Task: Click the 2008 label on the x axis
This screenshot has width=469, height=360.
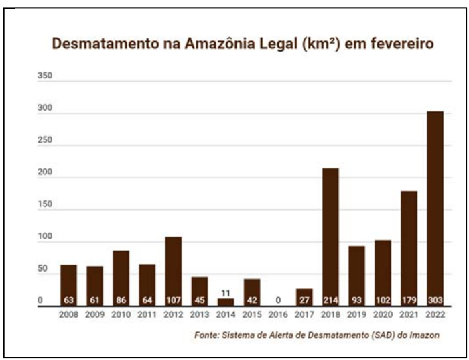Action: (x=68, y=314)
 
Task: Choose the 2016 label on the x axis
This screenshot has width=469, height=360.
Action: (x=278, y=314)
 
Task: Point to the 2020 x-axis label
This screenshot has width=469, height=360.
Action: (x=383, y=314)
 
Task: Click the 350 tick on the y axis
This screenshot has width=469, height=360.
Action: (x=44, y=77)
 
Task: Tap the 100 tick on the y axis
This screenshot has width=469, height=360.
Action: (x=44, y=239)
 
